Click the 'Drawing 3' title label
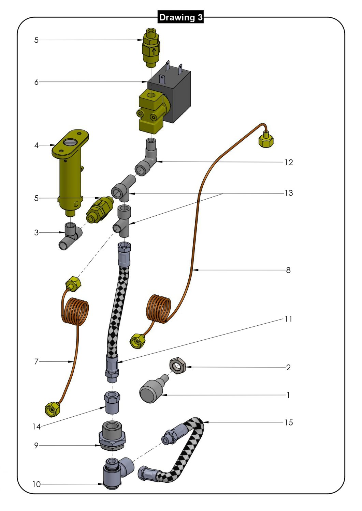(180, 17)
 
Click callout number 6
(36, 82)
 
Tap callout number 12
(289, 162)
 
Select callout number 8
(288, 270)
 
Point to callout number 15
(289, 422)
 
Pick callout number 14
(37, 427)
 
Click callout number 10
(37, 484)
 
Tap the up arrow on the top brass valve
(155, 51)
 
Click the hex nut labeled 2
(177, 366)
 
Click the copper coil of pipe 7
(75, 310)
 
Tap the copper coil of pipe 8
(158, 308)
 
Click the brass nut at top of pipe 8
(266, 140)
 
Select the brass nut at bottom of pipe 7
(52, 409)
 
